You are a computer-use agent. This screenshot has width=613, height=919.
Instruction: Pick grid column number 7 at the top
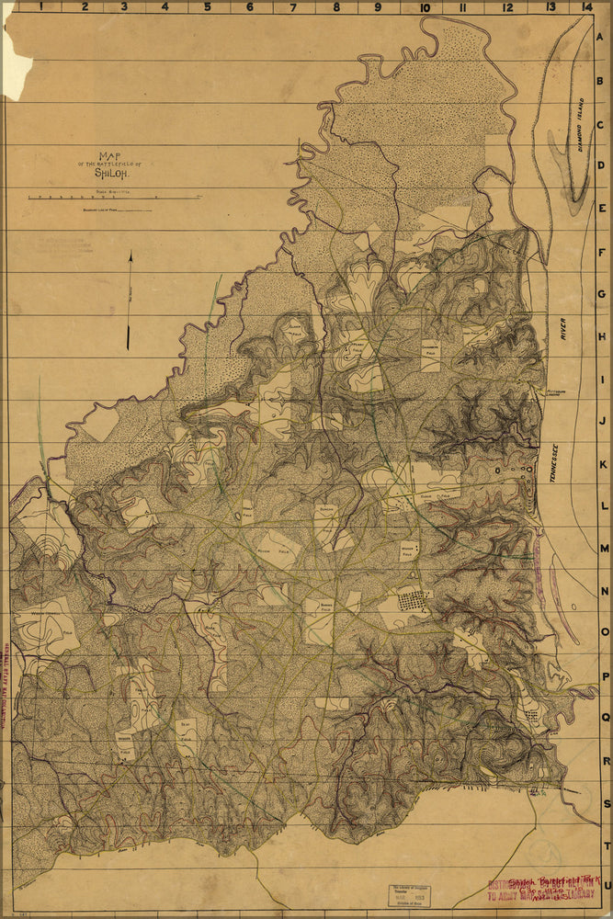[x=292, y=7]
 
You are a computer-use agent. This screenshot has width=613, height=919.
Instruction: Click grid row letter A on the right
[x=603, y=38]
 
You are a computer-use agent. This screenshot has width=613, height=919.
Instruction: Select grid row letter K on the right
[x=604, y=463]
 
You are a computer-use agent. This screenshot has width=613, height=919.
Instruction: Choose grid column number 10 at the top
[x=424, y=7]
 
